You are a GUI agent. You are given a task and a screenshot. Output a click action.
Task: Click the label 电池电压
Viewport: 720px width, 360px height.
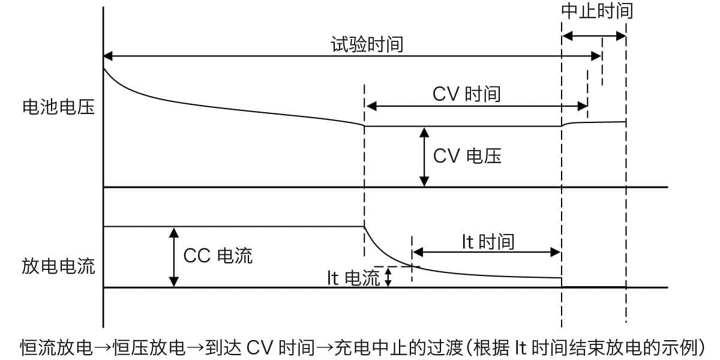point(59,107)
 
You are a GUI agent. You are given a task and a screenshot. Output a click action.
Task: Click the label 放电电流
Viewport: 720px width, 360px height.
point(59,266)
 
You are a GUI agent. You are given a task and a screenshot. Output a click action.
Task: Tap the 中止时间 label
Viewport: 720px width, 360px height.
point(597,11)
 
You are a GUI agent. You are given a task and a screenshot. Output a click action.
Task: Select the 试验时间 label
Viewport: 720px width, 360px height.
point(367,44)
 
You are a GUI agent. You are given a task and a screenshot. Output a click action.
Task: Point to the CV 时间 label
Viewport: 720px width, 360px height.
point(467,94)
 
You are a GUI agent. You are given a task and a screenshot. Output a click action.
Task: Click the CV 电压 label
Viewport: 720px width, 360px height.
point(467,156)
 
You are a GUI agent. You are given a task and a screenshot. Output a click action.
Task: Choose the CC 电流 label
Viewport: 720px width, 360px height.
point(218,256)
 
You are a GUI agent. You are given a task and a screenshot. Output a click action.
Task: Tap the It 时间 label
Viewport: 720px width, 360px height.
point(488,242)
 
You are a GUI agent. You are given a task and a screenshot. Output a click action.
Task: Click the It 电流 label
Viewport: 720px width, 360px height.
point(353,278)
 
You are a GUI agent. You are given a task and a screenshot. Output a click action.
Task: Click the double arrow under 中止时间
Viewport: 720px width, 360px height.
point(594,36)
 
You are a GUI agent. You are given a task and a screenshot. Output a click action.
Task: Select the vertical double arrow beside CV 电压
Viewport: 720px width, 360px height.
point(424,157)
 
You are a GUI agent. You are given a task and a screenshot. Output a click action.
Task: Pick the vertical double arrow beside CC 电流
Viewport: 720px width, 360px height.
point(174,257)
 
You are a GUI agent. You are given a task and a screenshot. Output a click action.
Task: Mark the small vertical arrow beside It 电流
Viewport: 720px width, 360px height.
point(388,277)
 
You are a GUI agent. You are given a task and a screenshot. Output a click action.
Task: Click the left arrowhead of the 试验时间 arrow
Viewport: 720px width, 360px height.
point(108,56)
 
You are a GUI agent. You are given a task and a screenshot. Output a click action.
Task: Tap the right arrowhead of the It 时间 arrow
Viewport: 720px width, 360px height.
point(556,253)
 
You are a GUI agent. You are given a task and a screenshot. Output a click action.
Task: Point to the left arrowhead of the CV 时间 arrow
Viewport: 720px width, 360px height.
point(371,106)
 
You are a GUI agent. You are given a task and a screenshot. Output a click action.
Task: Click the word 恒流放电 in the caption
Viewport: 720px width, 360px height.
point(56,347)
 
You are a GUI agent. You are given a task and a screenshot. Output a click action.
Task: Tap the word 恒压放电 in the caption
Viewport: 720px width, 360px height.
point(149,347)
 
